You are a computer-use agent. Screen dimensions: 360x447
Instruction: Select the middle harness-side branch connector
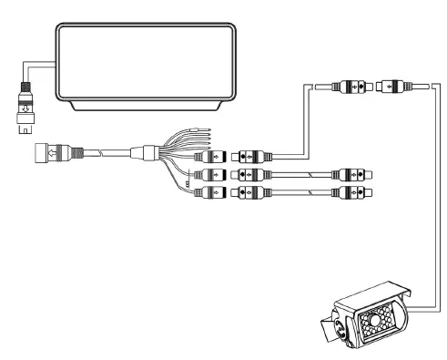[212, 173]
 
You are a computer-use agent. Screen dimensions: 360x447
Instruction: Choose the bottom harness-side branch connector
[212, 191]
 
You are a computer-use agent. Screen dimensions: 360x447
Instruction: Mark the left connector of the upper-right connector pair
[349, 88]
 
